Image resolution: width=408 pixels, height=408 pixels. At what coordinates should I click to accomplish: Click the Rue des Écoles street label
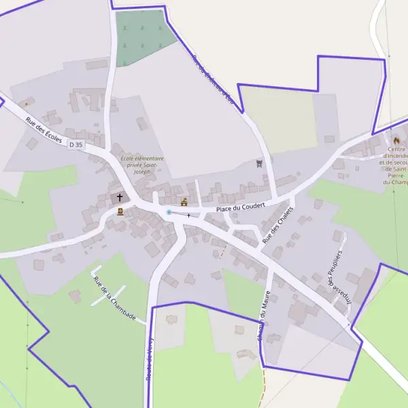coord(44,129)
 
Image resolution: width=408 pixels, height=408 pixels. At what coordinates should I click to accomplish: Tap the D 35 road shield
coord(75,144)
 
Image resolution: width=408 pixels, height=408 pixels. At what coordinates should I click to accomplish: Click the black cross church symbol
coord(120,198)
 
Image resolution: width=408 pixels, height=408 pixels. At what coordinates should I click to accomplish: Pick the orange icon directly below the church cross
coord(120,211)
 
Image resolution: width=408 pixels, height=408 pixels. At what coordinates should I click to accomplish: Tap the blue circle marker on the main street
coord(169,212)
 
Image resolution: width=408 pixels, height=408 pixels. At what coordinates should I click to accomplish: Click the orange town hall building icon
coord(184,202)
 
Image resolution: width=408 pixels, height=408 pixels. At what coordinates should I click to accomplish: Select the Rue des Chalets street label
coord(277,224)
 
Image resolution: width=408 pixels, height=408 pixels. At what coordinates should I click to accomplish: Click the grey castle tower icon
coord(259,163)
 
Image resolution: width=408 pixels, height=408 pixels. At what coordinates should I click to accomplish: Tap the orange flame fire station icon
coord(396,140)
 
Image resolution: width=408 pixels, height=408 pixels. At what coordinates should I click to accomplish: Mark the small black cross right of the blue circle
coord(189,215)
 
